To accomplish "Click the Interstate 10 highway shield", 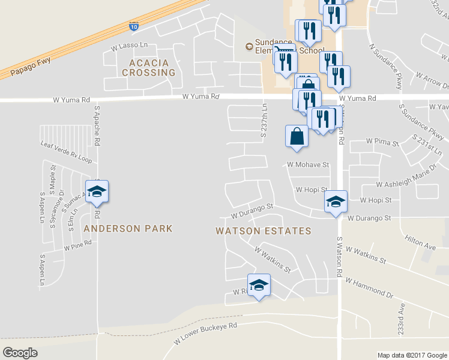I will click(133, 26).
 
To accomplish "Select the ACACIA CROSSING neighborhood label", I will click(148, 67).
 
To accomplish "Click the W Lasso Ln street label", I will click(129, 45).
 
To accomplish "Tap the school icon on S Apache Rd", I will click(97, 192).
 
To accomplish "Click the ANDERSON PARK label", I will click(128, 229).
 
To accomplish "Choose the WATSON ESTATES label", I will click(264, 231).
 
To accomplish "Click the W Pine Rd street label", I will click(78, 245).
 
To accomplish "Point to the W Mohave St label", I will click(309, 164).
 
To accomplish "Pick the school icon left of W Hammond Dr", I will click(259, 285).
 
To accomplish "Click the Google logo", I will click(20, 353).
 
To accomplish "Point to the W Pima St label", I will click(382, 143).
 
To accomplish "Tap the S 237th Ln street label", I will click(263, 120).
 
